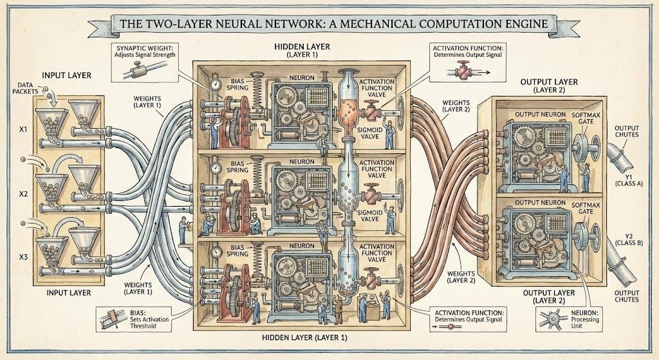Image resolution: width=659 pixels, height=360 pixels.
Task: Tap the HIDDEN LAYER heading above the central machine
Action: coord(298,48)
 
